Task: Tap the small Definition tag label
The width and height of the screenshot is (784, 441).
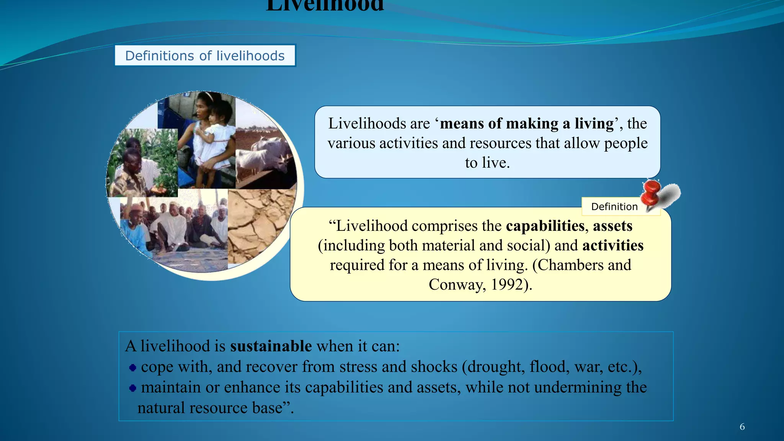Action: click(614, 207)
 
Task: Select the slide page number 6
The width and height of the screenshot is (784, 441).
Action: click(742, 427)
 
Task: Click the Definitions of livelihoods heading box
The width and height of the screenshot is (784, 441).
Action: click(205, 56)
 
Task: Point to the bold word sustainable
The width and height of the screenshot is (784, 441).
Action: click(271, 346)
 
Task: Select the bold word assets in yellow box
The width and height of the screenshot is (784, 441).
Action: click(612, 226)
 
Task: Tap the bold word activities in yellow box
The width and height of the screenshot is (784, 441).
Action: click(613, 245)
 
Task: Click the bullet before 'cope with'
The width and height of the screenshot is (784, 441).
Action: click(133, 368)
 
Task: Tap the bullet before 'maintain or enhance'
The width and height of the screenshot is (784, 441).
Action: click(133, 388)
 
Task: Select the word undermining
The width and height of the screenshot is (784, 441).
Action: click(578, 387)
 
